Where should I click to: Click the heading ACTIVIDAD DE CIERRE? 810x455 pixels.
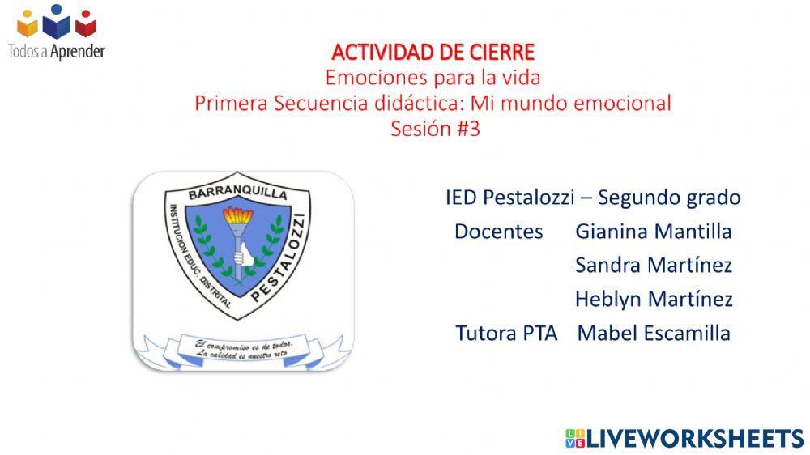(433, 53)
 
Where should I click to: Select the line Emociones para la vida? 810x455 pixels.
(433, 79)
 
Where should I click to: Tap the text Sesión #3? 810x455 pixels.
(435, 129)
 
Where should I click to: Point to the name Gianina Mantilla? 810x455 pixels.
(653, 232)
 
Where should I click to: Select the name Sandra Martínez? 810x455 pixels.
(653, 266)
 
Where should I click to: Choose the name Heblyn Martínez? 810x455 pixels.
(653, 300)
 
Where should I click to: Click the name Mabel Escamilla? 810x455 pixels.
(653, 333)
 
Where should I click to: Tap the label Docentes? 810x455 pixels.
(498, 232)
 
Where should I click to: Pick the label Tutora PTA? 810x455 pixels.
(506, 333)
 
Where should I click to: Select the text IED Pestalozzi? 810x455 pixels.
(509, 197)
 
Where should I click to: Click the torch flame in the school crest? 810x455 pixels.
(238, 217)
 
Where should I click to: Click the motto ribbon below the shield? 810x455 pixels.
(244, 350)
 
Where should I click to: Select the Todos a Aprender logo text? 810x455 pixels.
(56, 51)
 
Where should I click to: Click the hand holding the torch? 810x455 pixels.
(239, 257)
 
